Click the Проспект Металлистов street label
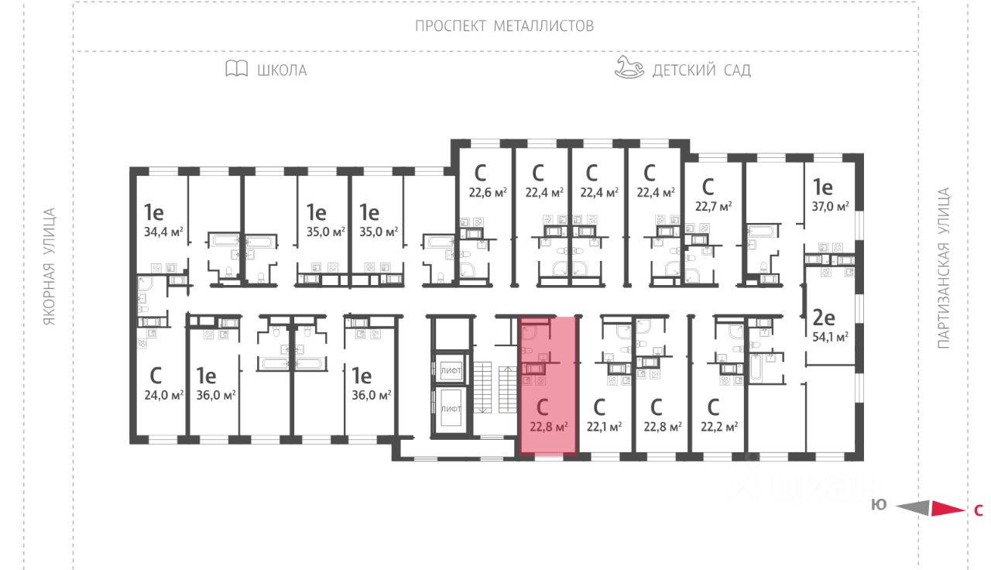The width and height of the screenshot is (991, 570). (504, 26)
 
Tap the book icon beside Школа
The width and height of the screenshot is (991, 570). (236, 69)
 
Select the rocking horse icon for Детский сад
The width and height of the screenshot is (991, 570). (629, 67)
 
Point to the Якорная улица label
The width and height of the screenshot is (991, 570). (50, 266)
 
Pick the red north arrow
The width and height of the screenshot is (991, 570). (945, 509)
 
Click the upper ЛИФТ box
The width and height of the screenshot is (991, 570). (451, 371)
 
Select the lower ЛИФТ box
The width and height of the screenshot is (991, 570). (451, 407)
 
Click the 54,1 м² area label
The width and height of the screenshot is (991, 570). (831, 336)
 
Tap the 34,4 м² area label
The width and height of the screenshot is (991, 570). (163, 230)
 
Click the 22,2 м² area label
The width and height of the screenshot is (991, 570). (718, 425)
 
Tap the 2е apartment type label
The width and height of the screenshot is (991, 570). (822, 316)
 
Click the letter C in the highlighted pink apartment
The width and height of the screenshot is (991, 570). (543, 406)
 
